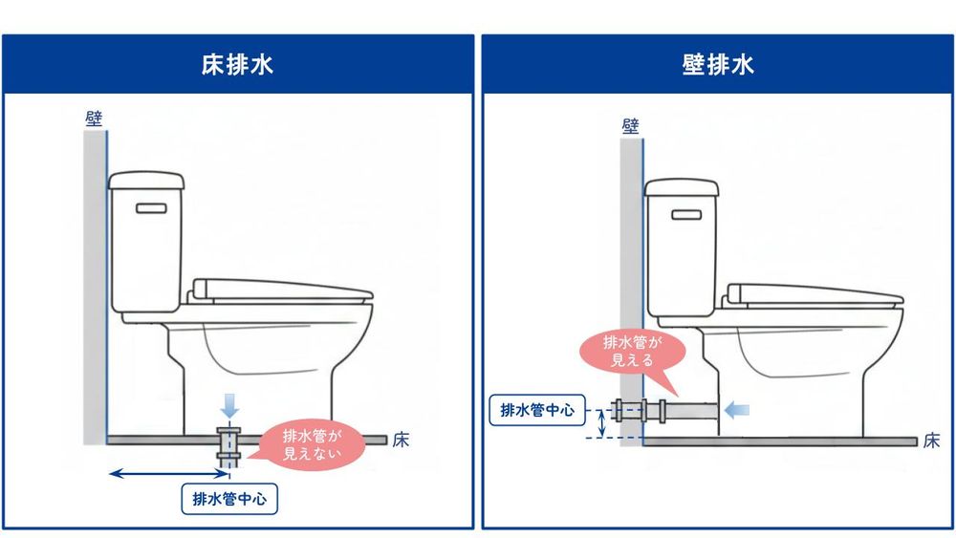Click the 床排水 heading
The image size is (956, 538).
238,64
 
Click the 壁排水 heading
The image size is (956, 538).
718,64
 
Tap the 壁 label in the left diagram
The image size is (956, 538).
94,118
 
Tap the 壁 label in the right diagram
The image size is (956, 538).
630,126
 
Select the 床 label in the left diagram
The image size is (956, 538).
402,441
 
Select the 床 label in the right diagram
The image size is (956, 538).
932,441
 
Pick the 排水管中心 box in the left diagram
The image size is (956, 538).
229,498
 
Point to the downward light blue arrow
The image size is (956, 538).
228,401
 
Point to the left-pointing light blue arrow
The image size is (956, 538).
737,410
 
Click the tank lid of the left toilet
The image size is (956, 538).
145,179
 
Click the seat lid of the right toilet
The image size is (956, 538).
813,292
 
